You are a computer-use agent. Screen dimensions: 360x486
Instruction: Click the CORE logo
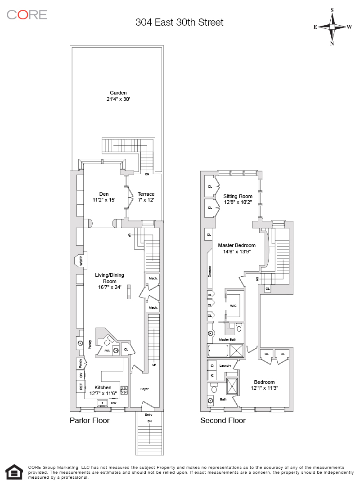click(x=27, y=14)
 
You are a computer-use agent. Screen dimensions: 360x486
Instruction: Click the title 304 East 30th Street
click(x=179, y=22)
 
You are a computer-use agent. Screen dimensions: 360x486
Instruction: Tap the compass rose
click(x=332, y=27)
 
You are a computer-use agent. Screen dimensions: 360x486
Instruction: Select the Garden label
click(x=118, y=93)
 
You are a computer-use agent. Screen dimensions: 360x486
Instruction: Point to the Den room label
click(x=104, y=194)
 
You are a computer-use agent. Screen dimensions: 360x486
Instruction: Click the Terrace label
click(x=146, y=194)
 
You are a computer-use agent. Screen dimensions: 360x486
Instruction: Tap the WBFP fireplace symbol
click(x=80, y=261)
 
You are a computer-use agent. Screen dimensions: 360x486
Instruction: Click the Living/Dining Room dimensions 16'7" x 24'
click(x=109, y=287)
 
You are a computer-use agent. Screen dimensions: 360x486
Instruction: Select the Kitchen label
click(x=103, y=387)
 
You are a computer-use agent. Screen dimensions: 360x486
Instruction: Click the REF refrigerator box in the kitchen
click(x=81, y=386)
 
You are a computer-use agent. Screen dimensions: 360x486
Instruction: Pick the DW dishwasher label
click(x=114, y=403)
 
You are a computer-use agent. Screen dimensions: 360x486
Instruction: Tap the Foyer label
click(x=144, y=389)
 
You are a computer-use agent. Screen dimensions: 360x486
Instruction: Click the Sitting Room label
click(x=238, y=196)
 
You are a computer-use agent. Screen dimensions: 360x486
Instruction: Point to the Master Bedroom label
click(x=237, y=245)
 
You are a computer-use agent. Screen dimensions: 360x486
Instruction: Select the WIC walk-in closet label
click(x=233, y=306)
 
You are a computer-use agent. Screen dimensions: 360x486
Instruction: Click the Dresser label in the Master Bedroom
click(x=210, y=271)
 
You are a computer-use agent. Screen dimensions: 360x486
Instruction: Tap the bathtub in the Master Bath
click(x=218, y=351)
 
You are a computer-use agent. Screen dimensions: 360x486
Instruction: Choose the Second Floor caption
click(x=223, y=420)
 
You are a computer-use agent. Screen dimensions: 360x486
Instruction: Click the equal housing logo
click(x=14, y=472)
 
